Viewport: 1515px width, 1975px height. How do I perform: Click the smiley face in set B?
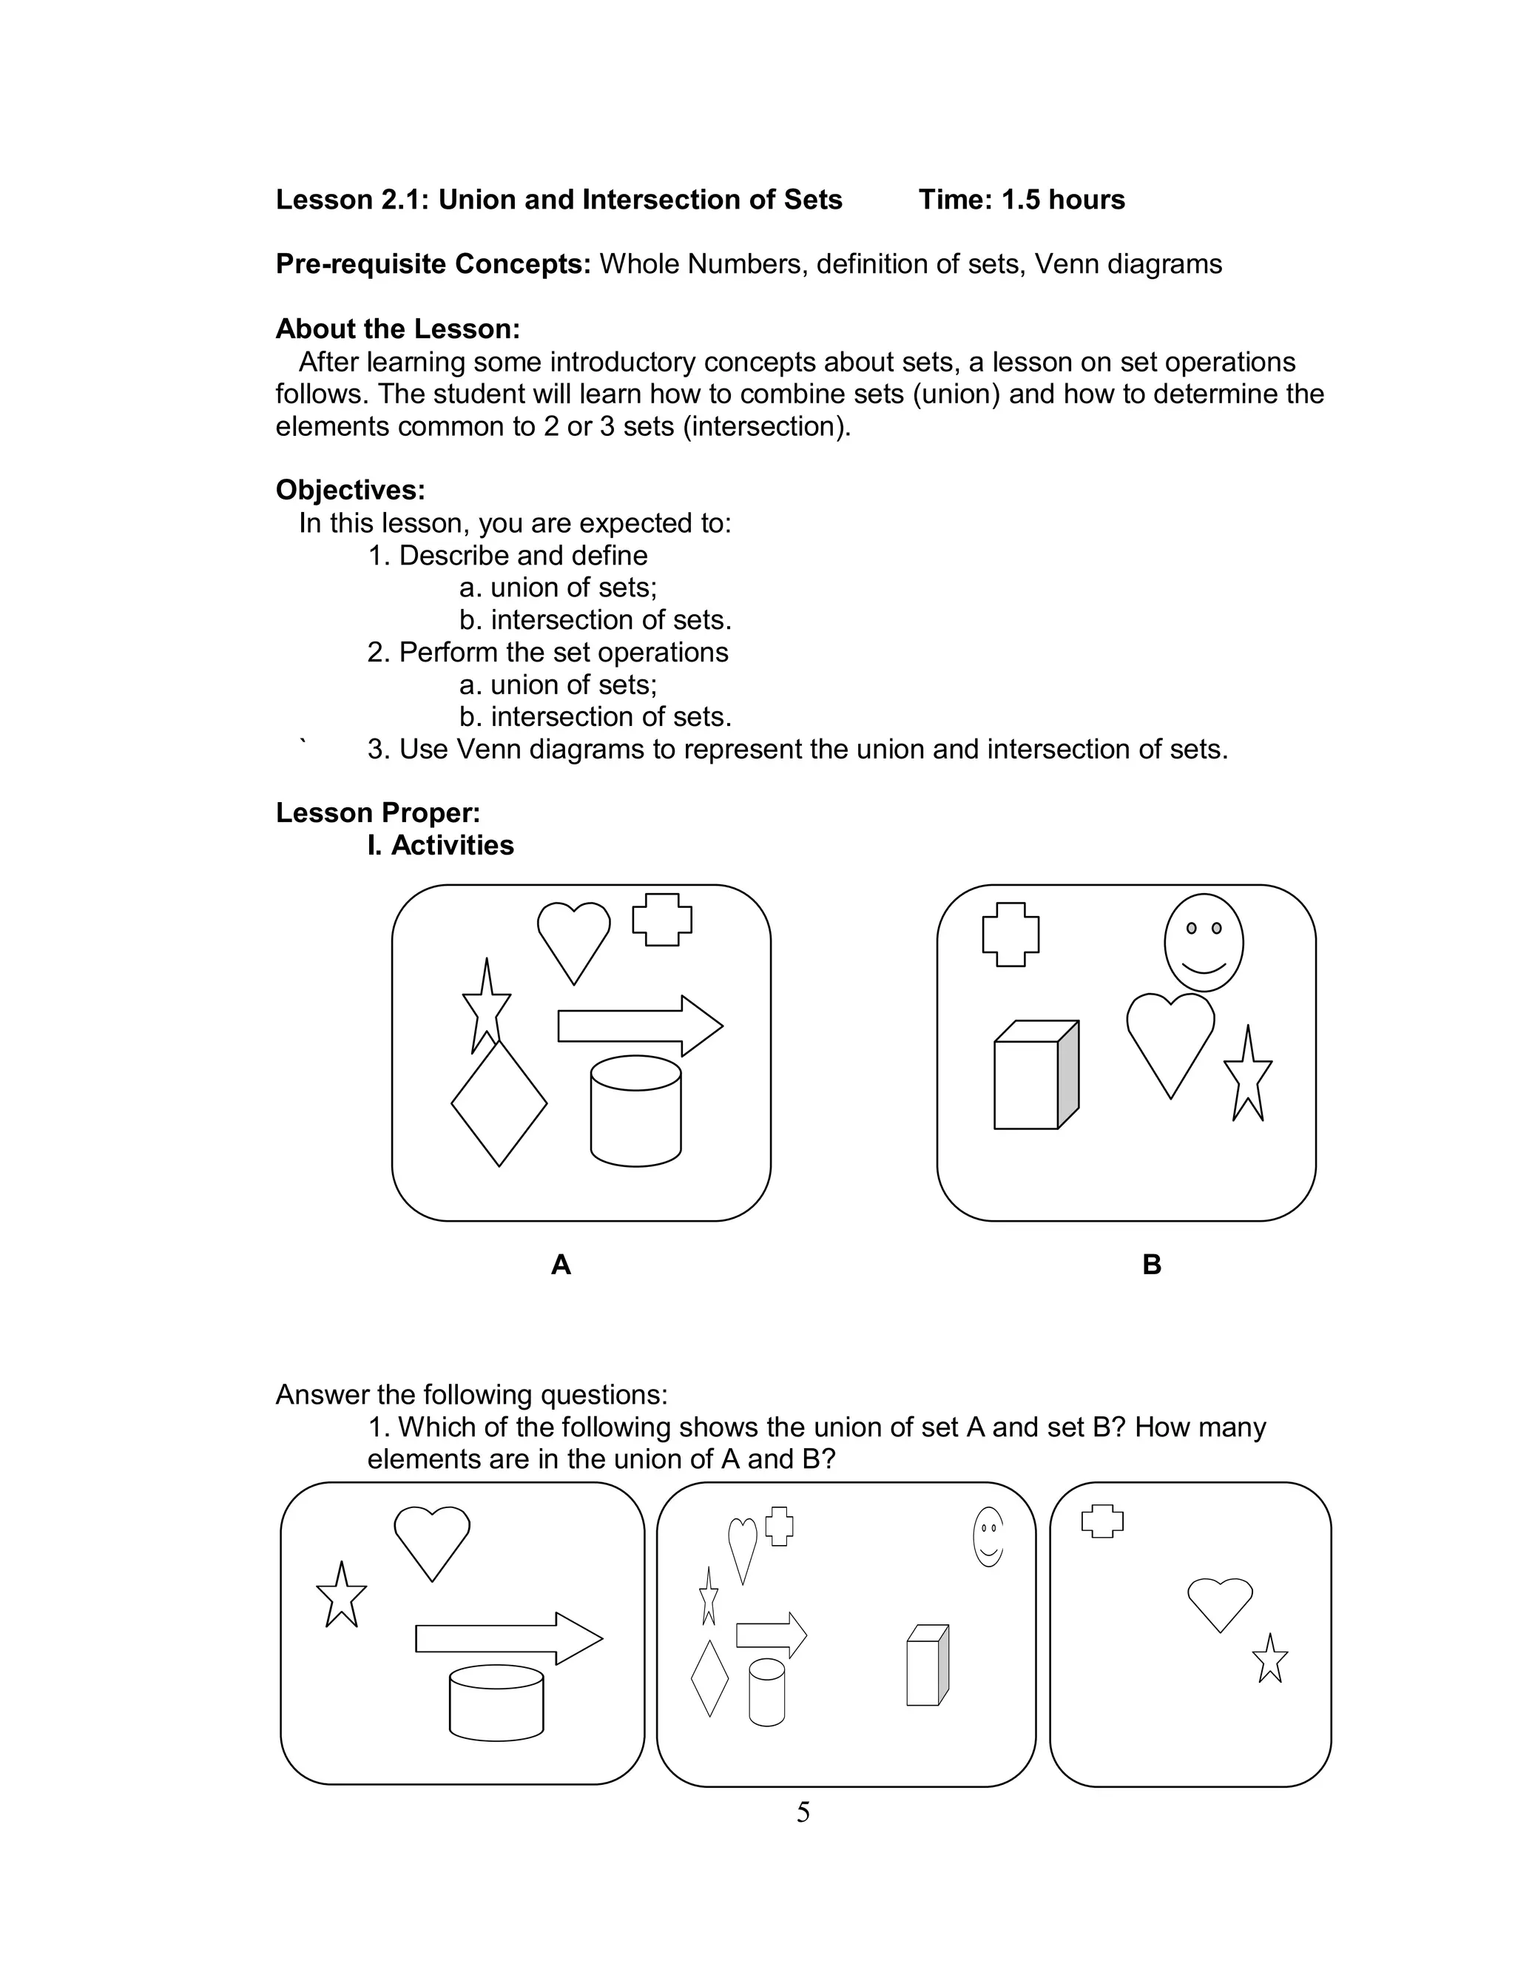coord(1203,943)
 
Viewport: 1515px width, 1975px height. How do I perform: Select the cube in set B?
coord(1033,1077)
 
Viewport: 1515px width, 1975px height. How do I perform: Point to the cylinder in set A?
coord(635,1111)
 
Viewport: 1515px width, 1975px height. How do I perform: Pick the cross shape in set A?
coord(662,920)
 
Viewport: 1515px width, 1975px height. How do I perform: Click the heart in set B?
coord(1170,1037)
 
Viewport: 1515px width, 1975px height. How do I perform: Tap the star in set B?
coord(1248,1077)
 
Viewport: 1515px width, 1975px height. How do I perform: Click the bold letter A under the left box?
coord(560,1265)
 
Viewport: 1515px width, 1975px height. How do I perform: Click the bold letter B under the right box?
coord(1152,1265)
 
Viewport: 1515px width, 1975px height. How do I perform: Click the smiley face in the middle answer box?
coord(988,1537)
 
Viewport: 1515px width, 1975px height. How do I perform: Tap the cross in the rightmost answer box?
coord(1102,1521)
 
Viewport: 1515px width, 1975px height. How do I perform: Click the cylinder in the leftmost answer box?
coord(496,1703)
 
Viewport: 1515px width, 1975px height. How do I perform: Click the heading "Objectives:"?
coord(350,490)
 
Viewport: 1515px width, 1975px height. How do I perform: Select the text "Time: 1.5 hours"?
coord(1021,199)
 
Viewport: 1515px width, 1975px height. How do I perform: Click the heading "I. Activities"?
coord(440,845)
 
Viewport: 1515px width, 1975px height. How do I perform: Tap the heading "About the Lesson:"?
coord(398,329)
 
